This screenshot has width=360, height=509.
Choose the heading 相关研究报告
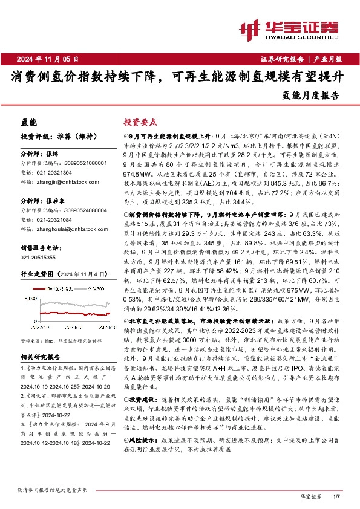44,357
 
